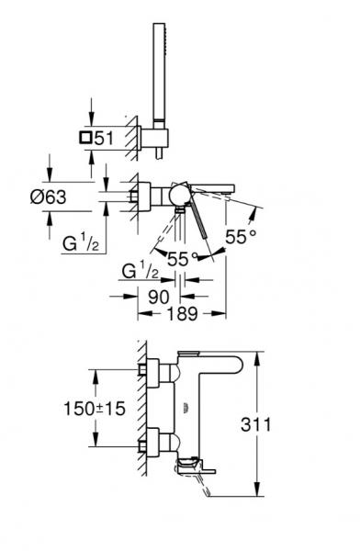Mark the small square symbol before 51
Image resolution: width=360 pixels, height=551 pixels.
pyautogui.click(x=86, y=138)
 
